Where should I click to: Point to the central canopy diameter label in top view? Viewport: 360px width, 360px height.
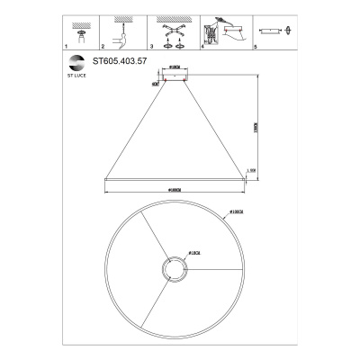pos(194,254)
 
